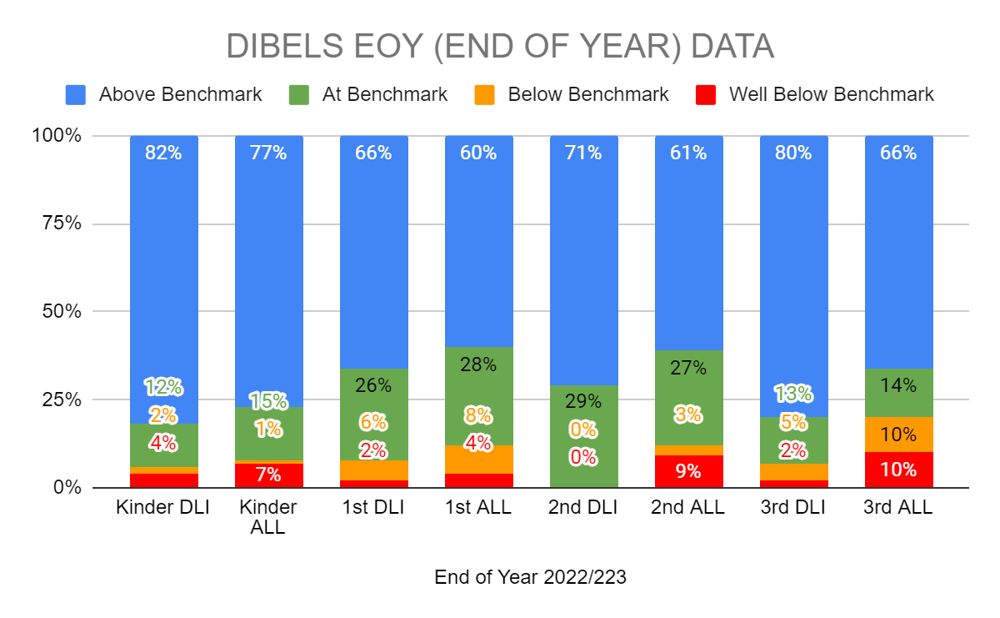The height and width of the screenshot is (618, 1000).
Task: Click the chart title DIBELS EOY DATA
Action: click(x=500, y=47)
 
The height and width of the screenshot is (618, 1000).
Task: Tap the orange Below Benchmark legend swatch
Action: click(x=486, y=94)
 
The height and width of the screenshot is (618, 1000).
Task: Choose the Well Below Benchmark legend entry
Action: click(x=831, y=94)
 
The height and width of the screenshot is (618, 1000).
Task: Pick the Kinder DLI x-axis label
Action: click(x=163, y=507)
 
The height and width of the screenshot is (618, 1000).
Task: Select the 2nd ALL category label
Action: click(x=688, y=507)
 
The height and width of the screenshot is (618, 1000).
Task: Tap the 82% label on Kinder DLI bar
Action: click(x=163, y=153)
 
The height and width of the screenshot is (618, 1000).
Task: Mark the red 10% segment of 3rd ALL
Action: click(x=898, y=470)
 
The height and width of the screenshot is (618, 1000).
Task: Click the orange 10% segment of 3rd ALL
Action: click(x=898, y=435)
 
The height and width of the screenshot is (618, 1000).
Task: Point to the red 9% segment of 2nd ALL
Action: click(x=688, y=471)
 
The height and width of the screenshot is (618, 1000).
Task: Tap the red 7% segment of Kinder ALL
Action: click(x=268, y=475)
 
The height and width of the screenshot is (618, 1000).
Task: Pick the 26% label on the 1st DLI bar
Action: click(x=373, y=385)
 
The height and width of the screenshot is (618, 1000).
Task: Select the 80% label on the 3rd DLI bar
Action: click(x=793, y=153)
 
